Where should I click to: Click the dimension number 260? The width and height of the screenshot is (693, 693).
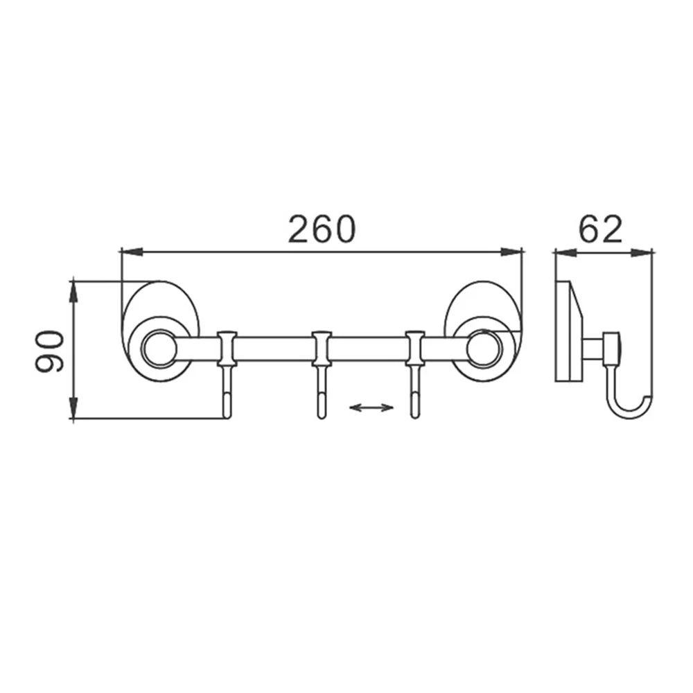click(x=322, y=229)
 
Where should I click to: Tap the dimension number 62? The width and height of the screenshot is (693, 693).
click(x=601, y=229)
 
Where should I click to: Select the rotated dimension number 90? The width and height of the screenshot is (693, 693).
click(x=49, y=351)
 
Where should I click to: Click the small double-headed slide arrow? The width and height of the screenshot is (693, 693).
click(x=371, y=407)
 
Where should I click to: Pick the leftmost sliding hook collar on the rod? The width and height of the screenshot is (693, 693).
click(x=227, y=349)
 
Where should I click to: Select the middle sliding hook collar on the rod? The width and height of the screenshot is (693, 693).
click(x=322, y=349)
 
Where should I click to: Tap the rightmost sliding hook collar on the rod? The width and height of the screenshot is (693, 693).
click(x=414, y=349)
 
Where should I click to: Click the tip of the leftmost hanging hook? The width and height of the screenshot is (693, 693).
click(x=227, y=416)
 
